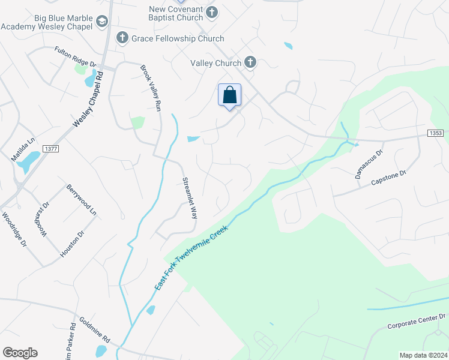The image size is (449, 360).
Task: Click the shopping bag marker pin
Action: point(229,95)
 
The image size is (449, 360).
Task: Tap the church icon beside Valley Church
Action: point(250,62)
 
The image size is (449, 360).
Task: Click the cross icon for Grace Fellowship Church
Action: point(122,38)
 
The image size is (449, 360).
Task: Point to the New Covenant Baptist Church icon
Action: point(211,12)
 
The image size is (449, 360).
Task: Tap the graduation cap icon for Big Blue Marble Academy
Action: point(101,22)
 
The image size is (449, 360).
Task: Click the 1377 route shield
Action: point(51,149)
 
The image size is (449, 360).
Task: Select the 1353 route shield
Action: point(436,133)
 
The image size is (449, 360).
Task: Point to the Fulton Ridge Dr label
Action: point(75,56)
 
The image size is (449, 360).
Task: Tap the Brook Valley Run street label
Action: point(151,88)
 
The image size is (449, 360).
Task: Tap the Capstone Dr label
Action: point(389,176)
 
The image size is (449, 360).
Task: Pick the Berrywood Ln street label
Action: point(82,200)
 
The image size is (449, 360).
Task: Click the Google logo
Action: point(20,353)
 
